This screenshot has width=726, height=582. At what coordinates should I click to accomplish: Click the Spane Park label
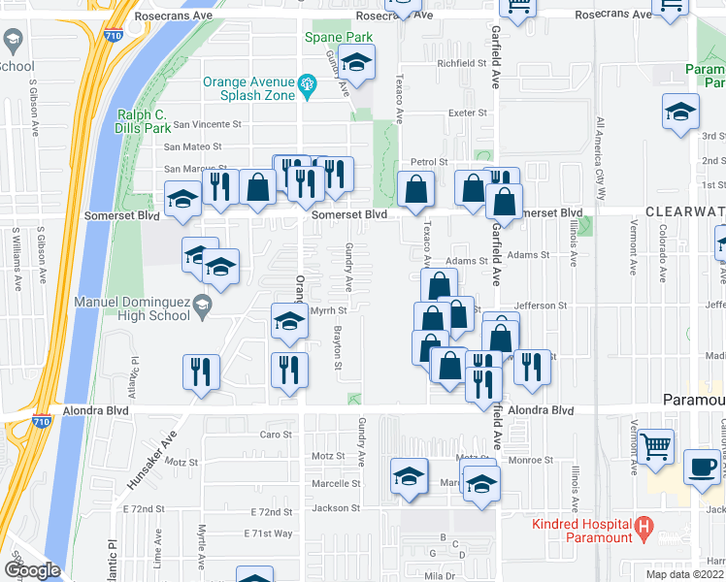[339, 38]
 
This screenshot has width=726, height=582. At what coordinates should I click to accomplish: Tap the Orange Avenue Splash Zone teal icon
[309, 84]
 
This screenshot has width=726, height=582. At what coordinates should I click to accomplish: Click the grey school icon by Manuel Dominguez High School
[202, 307]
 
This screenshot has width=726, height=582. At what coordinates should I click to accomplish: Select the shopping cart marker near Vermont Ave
[657, 447]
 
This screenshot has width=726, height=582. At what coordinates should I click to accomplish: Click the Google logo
[32, 569]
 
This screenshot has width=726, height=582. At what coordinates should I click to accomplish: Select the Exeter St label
[467, 113]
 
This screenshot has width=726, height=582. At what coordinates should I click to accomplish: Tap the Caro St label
[275, 434]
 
